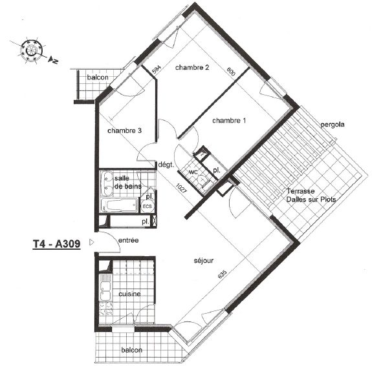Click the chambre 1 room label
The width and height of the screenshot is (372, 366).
click(x=229, y=121)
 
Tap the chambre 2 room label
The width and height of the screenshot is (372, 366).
click(x=192, y=68)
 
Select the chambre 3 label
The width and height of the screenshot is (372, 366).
click(x=125, y=130)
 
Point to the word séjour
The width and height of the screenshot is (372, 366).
click(x=204, y=261)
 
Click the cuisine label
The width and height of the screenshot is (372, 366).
click(x=129, y=294)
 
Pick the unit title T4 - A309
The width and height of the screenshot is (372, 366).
click(x=56, y=244)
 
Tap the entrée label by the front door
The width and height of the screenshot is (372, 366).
click(x=128, y=240)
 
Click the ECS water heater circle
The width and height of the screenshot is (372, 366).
click(x=148, y=206)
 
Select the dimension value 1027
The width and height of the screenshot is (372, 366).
click(x=182, y=188)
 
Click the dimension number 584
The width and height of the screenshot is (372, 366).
click(x=157, y=69)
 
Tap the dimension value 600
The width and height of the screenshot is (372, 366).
click(x=231, y=72)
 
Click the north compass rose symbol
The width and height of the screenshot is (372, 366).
click(x=31, y=50)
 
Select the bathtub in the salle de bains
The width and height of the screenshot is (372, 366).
click(x=119, y=205)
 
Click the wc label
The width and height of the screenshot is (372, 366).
click(x=193, y=172)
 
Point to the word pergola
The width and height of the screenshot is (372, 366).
click(x=333, y=125)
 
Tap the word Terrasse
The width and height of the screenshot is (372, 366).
click(x=301, y=191)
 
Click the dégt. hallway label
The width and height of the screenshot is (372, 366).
click(x=166, y=165)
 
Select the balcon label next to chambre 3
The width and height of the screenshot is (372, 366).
click(x=98, y=77)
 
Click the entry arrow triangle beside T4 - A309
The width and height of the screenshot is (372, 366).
click(x=92, y=243)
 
